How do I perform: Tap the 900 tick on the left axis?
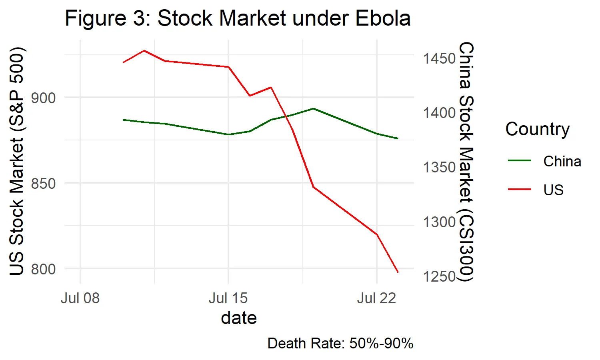coord(43,98)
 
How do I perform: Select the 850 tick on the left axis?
coord(43,184)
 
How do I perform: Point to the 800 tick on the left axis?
coord(43,269)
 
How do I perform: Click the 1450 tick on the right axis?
coord(439,59)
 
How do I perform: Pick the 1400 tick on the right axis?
coord(439,113)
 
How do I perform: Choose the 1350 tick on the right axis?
coord(439,167)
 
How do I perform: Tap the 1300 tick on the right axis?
coord(439,222)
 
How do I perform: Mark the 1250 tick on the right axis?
coord(439,276)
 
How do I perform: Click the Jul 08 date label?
coord(80,298)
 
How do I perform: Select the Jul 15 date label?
coord(228,298)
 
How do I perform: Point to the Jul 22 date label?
coord(376,298)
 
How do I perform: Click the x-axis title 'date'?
coord(239,318)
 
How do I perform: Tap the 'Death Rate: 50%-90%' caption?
coord(340,344)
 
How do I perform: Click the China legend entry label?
coord(562,162)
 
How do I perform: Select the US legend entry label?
coord(553,190)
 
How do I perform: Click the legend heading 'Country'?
coord(537,129)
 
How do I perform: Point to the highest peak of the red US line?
coord(144,51)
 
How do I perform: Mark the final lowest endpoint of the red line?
coord(398,272)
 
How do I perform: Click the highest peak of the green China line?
coord(313,108)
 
